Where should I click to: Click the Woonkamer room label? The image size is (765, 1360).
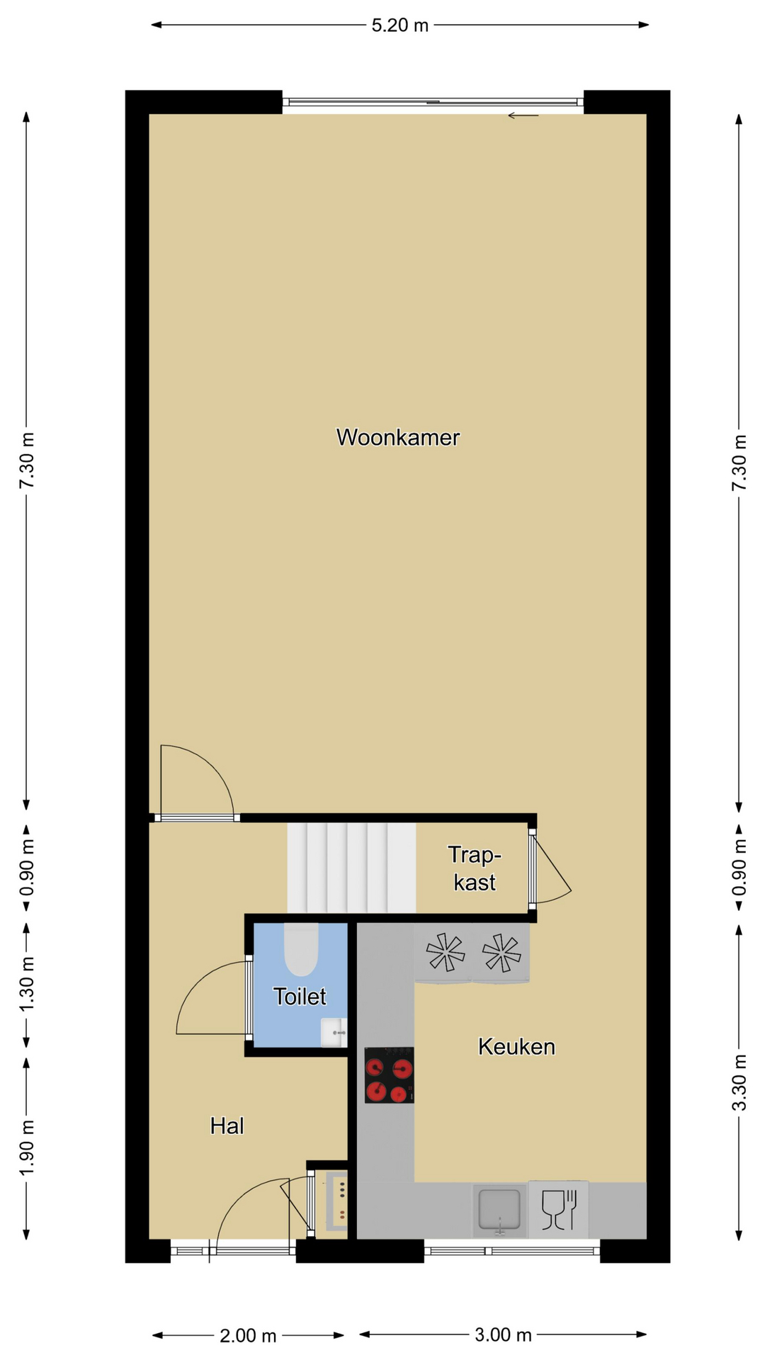tap(397, 437)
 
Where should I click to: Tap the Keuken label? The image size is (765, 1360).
tap(516, 1046)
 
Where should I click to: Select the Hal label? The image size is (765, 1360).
tap(227, 1126)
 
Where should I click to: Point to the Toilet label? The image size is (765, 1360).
tap(300, 997)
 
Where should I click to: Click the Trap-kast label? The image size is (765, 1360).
tap(475, 868)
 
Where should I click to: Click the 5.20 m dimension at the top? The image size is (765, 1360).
tap(400, 25)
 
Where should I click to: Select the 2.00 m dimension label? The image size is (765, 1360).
tap(248, 1336)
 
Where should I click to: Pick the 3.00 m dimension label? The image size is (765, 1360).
tap(503, 1335)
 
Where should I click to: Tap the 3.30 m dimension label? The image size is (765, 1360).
tap(739, 1083)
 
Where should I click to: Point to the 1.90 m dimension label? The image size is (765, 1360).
tap(27, 1147)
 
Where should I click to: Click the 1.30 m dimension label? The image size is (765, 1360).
tap(27, 985)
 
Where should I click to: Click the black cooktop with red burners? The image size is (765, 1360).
tap(389, 1075)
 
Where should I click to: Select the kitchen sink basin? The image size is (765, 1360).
tap(499, 1209)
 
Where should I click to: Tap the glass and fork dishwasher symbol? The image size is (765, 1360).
tap(559, 1209)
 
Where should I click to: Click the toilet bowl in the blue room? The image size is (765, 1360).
tap(301, 949)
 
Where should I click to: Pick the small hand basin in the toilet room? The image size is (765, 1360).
tap(334, 1033)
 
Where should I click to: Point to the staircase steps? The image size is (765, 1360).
tap(351, 868)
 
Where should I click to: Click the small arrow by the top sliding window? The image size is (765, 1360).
tap(523, 115)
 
